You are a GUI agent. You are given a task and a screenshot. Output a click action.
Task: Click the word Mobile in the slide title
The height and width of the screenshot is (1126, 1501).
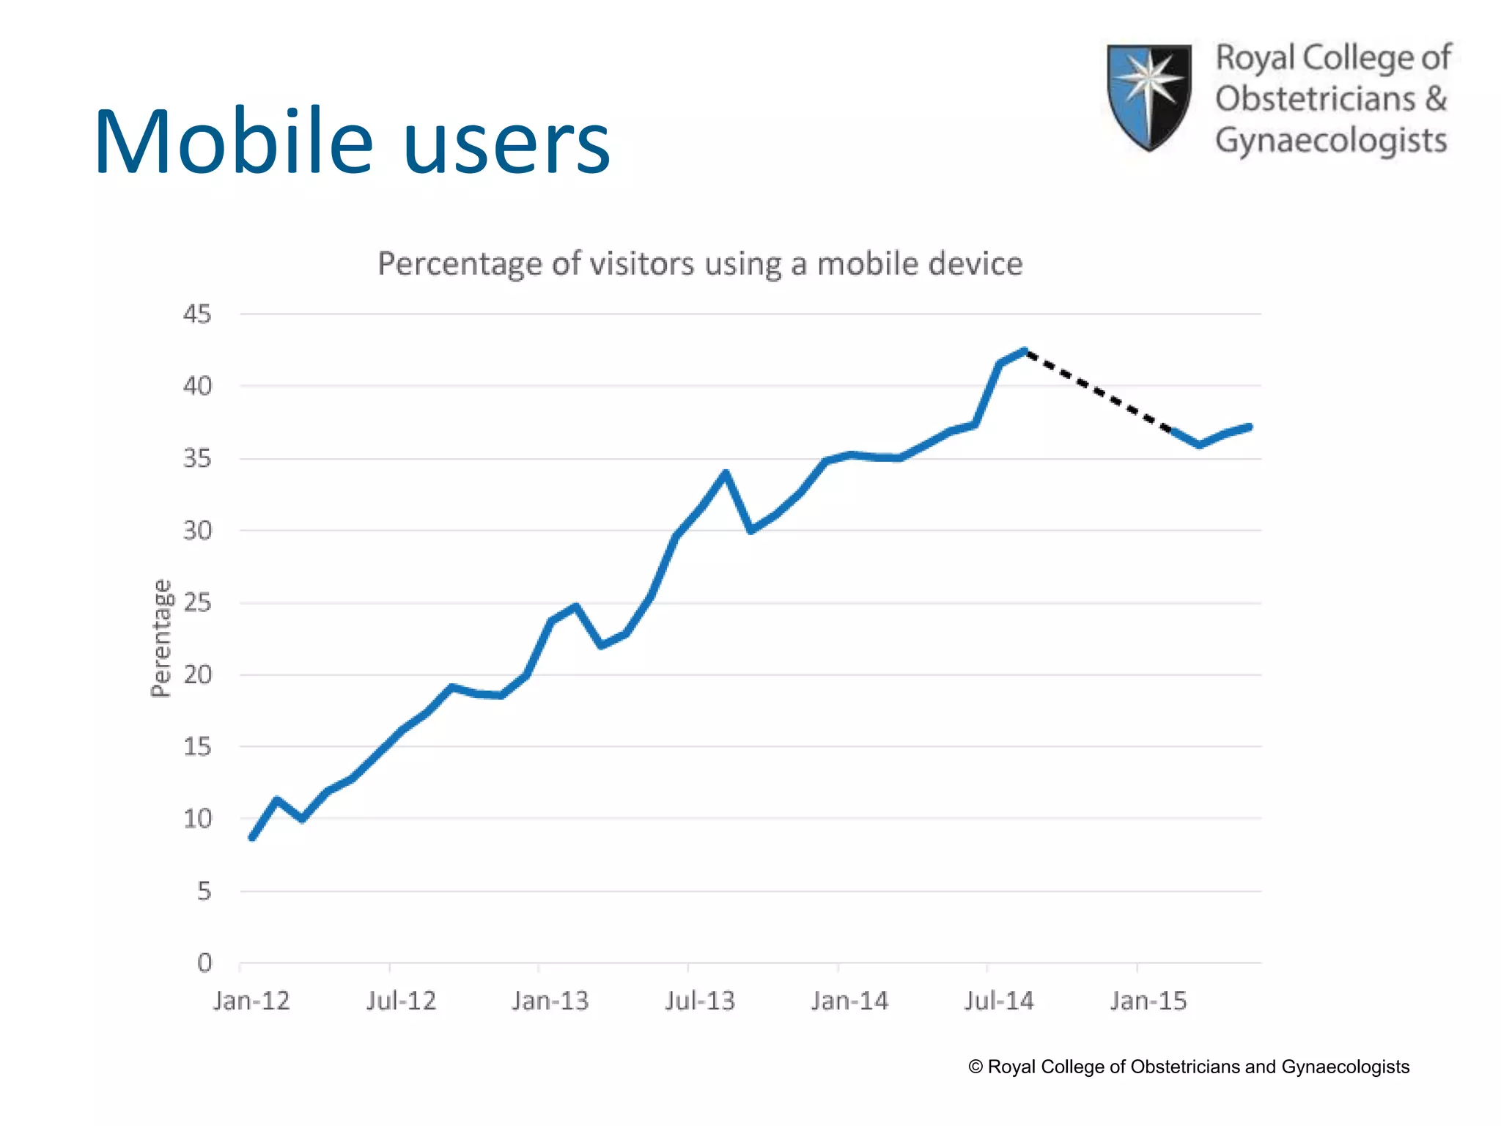[x=233, y=142]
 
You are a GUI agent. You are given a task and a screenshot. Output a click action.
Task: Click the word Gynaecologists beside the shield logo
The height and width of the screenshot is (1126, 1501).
[x=1331, y=141]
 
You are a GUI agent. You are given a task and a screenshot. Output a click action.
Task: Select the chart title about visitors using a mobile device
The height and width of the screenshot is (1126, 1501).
[x=699, y=264]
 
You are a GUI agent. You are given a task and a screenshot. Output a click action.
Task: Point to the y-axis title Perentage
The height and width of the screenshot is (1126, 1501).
[x=161, y=638]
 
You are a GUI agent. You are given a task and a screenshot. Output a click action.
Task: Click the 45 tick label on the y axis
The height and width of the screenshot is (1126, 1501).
[x=196, y=314]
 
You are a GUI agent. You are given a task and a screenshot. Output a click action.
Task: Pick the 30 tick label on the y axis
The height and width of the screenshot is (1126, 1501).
[x=196, y=530]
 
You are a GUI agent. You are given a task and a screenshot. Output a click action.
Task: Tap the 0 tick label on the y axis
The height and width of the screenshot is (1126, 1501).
[x=204, y=963]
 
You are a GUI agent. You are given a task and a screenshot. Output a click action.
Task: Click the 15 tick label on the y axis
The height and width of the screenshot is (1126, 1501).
[x=196, y=747]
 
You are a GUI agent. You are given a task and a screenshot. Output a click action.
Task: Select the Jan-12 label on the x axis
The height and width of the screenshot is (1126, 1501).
[x=251, y=1001]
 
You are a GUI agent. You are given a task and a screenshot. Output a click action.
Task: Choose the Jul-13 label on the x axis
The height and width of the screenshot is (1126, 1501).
[x=699, y=1001]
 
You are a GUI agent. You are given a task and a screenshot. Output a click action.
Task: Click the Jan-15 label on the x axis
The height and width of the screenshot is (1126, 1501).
[x=1148, y=1001]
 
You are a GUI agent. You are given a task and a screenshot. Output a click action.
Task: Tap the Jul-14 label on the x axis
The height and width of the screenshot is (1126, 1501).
[x=998, y=1001]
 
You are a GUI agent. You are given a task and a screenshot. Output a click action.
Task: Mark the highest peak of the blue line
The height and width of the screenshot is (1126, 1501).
[x=1025, y=351]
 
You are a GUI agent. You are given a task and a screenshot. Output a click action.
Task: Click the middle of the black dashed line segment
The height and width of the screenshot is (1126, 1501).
[x=1099, y=391]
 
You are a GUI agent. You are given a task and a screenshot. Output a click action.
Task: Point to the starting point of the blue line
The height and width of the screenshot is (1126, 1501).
[x=252, y=837]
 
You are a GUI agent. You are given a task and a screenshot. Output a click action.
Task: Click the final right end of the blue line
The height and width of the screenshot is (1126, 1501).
[x=1250, y=427]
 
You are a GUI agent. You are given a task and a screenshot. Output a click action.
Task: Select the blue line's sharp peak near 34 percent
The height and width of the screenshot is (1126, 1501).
[x=725, y=474]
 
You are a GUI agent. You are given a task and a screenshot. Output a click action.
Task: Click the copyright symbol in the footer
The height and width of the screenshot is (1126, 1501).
[x=976, y=1067]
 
